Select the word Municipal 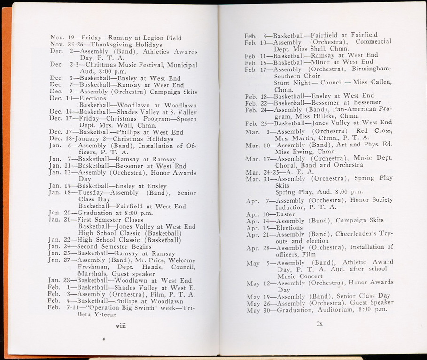coord(182,65)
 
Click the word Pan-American coord(369,109)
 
